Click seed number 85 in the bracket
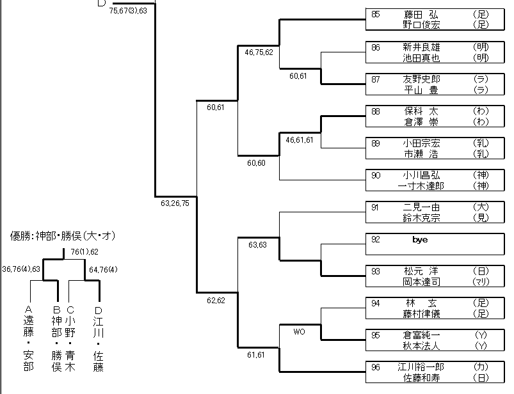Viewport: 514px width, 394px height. click(x=376, y=13)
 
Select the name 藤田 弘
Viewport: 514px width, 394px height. click(x=421, y=14)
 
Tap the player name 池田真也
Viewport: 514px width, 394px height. click(x=421, y=58)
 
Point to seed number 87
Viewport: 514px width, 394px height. click(x=376, y=79)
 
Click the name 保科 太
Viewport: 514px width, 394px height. click(x=421, y=111)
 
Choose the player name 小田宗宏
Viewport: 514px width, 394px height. click(x=421, y=143)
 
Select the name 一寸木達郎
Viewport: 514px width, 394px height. click(x=421, y=186)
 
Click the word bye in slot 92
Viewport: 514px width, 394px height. click(x=420, y=240)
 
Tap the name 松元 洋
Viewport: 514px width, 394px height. click(x=421, y=271)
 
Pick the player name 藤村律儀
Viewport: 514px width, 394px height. click(x=421, y=314)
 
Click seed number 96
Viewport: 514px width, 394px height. click(x=376, y=367)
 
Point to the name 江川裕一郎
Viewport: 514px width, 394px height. click(x=421, y=367)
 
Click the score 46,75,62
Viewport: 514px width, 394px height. click(x=259, y=53)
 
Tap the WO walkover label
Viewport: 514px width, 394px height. click(x=298, y=331)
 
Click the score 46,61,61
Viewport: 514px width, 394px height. click(x=299, y=139)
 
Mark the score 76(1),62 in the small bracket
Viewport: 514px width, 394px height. click(x=84, y=252)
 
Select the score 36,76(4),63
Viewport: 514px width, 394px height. click(x=22, y=269)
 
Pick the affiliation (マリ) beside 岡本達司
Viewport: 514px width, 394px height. click(x=480, y=282)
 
